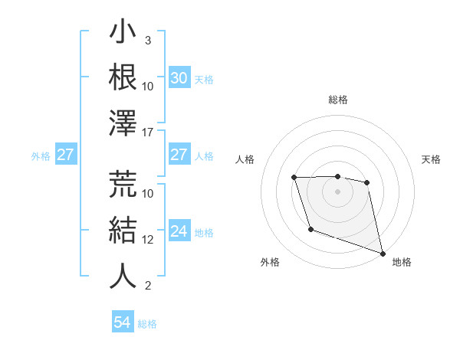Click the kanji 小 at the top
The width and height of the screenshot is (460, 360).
coord(123,34)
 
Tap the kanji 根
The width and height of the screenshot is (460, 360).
coord(123,77)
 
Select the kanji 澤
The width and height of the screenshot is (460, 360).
coord(123,123)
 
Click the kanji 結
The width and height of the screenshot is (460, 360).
coord(123,230)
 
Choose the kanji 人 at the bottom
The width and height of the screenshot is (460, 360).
coord(123,276)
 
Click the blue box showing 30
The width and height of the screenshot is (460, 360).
coord(179,78)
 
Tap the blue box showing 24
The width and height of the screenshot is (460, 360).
coord(179,232)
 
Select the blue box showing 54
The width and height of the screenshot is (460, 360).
coord(122,322)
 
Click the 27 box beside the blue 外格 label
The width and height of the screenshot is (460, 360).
coord(65,155)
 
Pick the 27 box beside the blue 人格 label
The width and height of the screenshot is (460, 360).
coord(179,155)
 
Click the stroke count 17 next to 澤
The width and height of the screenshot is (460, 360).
coord(149,132)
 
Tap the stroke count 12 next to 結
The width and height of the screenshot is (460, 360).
coord(149,239)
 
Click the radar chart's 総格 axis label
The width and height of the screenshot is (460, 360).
coord(338,100)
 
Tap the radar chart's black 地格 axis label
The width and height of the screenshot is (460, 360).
coord(402,262)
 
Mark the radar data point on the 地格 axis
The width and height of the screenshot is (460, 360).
coord(383,254)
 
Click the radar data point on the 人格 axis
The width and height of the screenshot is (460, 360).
coord(294,178)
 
